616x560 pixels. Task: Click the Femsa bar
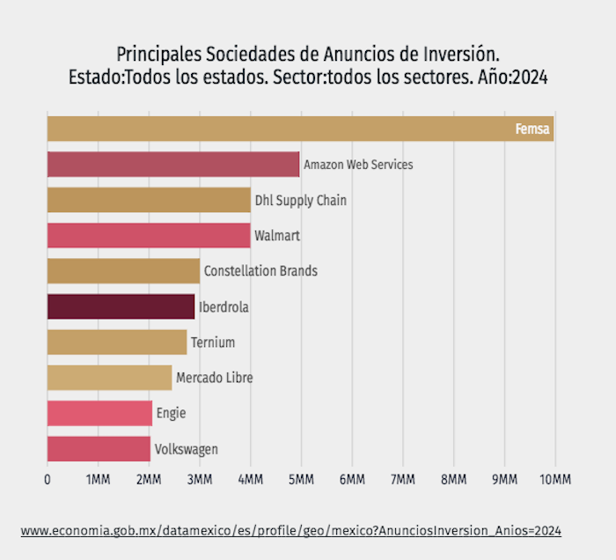coord(299,129)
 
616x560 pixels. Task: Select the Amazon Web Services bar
coord(172,165)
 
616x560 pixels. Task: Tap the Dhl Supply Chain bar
coord(148,200)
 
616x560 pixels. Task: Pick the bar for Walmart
coord(148,236)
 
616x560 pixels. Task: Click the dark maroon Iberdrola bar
coord(121,306)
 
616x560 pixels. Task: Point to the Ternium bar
coord(116,342)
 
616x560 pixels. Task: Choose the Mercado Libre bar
coord(109,378)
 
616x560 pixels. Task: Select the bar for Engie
coord(99,413)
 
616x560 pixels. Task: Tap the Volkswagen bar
coord(99,449)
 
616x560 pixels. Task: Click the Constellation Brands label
coord(260,271)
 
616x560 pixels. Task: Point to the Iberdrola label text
coord(224,307)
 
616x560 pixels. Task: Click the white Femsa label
coord(533,130)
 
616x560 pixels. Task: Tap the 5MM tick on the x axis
coord(301,479)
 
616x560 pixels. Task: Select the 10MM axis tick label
coord(555,479)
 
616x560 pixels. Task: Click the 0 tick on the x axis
coord(48,479)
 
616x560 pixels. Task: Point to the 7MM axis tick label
coord(402,479)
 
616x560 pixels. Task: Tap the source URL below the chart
coord(290,531)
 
